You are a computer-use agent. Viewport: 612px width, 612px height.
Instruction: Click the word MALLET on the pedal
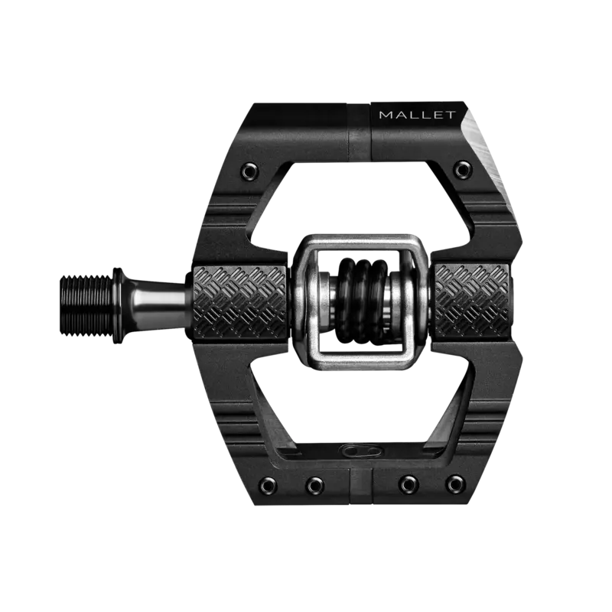(x=418, y=116)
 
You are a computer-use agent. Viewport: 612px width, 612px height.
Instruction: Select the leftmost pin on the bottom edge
(x=272, y=483)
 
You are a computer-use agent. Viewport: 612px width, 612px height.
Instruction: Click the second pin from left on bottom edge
(x=314, y=483)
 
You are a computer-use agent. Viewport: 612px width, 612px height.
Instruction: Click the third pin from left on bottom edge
(x=409, y=483)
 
